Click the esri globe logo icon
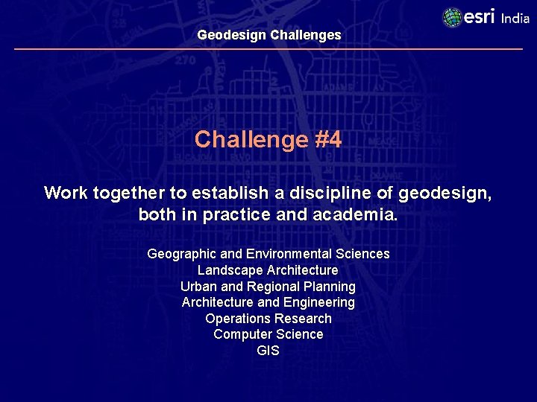[x=452, y=17]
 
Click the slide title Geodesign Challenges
[x=268, y=35]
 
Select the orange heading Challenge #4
[x=268, y=139]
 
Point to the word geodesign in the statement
[x=445, y=194]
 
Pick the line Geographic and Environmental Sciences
[x=268, y=254]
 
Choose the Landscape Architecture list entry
[x=268, y=270]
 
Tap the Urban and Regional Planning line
[x=268, y=287]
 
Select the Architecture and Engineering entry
[x=268, y=302]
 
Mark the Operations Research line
[x=268, y=319]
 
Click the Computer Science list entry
[x=268, y=334]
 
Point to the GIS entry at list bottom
[x=268, y=351]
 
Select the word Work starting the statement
[x=66, y=194]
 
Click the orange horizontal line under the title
[x=268, y=49]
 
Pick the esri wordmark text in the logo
[x=480, y=16]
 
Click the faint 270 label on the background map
[x=185, y=61]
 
